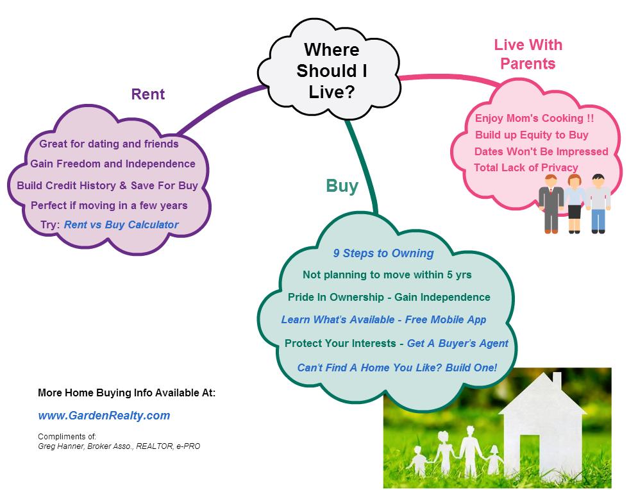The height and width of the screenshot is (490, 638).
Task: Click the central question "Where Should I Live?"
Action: click(332, 71)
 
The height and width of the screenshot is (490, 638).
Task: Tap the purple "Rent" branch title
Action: click(147, 94)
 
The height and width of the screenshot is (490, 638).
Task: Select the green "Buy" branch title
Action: click(342, 186)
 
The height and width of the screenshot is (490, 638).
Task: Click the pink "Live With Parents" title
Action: click(528, 54)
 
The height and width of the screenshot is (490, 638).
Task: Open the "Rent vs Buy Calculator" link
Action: click(121, 224)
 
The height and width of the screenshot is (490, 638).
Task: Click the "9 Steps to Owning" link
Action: click(383, 253)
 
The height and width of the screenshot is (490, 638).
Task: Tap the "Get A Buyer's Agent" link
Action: click(458, 344)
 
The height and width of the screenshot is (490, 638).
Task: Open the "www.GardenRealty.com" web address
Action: click(104, 416)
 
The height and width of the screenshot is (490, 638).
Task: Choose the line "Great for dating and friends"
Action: click(108, 144)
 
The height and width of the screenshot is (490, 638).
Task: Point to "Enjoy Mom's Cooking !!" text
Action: click(534, 119)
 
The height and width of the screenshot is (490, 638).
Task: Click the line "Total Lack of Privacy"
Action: click(526, 167)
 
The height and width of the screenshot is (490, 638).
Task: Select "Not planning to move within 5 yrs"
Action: click(387, 275)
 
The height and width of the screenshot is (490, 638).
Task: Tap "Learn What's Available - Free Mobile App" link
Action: click(383, 320)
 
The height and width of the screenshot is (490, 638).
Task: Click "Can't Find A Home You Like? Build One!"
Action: click(397, 368)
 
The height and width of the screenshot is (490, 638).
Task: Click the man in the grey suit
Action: click(551, 204)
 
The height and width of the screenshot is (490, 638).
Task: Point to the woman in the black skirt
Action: click(574, 204)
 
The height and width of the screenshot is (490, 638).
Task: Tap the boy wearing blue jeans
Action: click(598, 204)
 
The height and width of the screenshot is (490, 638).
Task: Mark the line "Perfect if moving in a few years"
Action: click(109, 205)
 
